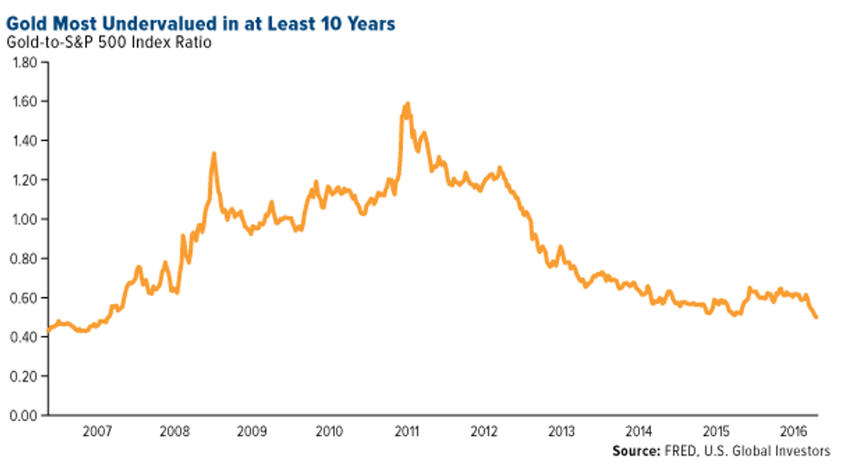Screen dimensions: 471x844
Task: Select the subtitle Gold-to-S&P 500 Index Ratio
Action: tap(109, 42)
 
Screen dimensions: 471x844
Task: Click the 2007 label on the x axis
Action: tap(96, 431)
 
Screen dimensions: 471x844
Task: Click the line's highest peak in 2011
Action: tap(406, 104)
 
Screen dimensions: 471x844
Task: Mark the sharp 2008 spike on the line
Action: tap(214, 154)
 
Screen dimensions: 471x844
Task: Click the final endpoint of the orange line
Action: tap(816, 318)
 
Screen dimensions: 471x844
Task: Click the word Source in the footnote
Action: tap(636, 451)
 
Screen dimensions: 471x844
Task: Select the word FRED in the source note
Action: tap(683, 451)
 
